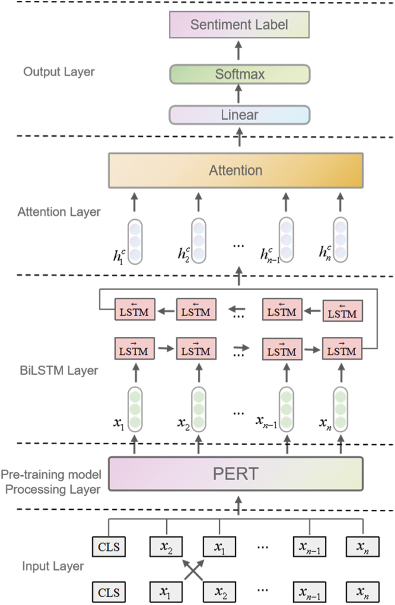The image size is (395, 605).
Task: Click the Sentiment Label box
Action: pos(239,24)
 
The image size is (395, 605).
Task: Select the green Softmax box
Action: pos(240,74)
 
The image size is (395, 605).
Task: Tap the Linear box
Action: pos(240,115)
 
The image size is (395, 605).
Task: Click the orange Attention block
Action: pos(236,170)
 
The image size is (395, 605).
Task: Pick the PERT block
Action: pos(236,474)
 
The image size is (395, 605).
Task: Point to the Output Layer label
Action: pos(59,72)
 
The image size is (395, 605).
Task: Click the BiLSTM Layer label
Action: pos(59,370)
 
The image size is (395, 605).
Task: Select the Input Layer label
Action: pos(53,566)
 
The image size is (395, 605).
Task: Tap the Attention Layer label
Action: pos(59,212)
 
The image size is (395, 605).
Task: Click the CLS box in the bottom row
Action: pos(109,592)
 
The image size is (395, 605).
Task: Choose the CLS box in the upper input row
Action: pos(109,546)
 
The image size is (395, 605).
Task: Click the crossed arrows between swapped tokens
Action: pos(193,569)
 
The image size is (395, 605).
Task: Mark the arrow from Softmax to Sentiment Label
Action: pos(239,51)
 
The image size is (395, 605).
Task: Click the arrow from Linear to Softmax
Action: pos(239,94)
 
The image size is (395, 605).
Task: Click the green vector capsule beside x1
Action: pos(135,410)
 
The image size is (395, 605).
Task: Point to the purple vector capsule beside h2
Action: pos(199,241)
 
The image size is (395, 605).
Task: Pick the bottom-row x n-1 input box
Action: pos(309,592)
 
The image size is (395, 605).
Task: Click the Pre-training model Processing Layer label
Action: pos(51,482)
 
